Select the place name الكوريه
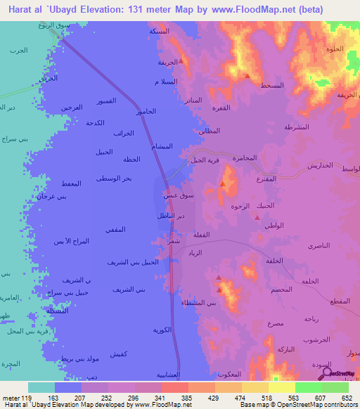click(x=164, y=329)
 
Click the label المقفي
click(x=115, y=229)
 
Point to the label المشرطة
click(x=297, y=127)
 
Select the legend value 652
click(x=346, y=398)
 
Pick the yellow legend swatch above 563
click(x=282, y=387)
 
